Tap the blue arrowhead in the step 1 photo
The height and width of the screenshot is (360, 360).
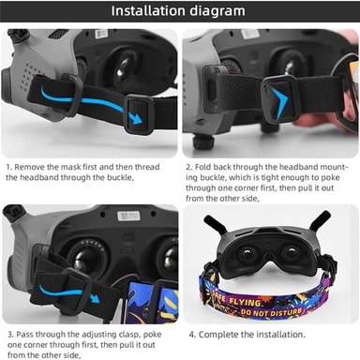point(137,119)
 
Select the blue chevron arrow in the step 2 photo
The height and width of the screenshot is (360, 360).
point(278,103)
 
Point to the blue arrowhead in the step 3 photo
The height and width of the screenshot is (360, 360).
point(95,297)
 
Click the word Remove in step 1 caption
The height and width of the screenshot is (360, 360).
point(30,167)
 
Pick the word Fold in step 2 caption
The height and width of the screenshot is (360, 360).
point(203,167)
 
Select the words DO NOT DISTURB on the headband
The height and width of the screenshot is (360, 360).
point(271,312)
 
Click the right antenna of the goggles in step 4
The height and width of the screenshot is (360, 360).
point(319,221)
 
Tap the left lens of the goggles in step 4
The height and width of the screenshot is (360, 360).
point(247,254)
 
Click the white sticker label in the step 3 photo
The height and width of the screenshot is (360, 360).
point(128,216)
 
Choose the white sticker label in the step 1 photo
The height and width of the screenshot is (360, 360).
point(101,34)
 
